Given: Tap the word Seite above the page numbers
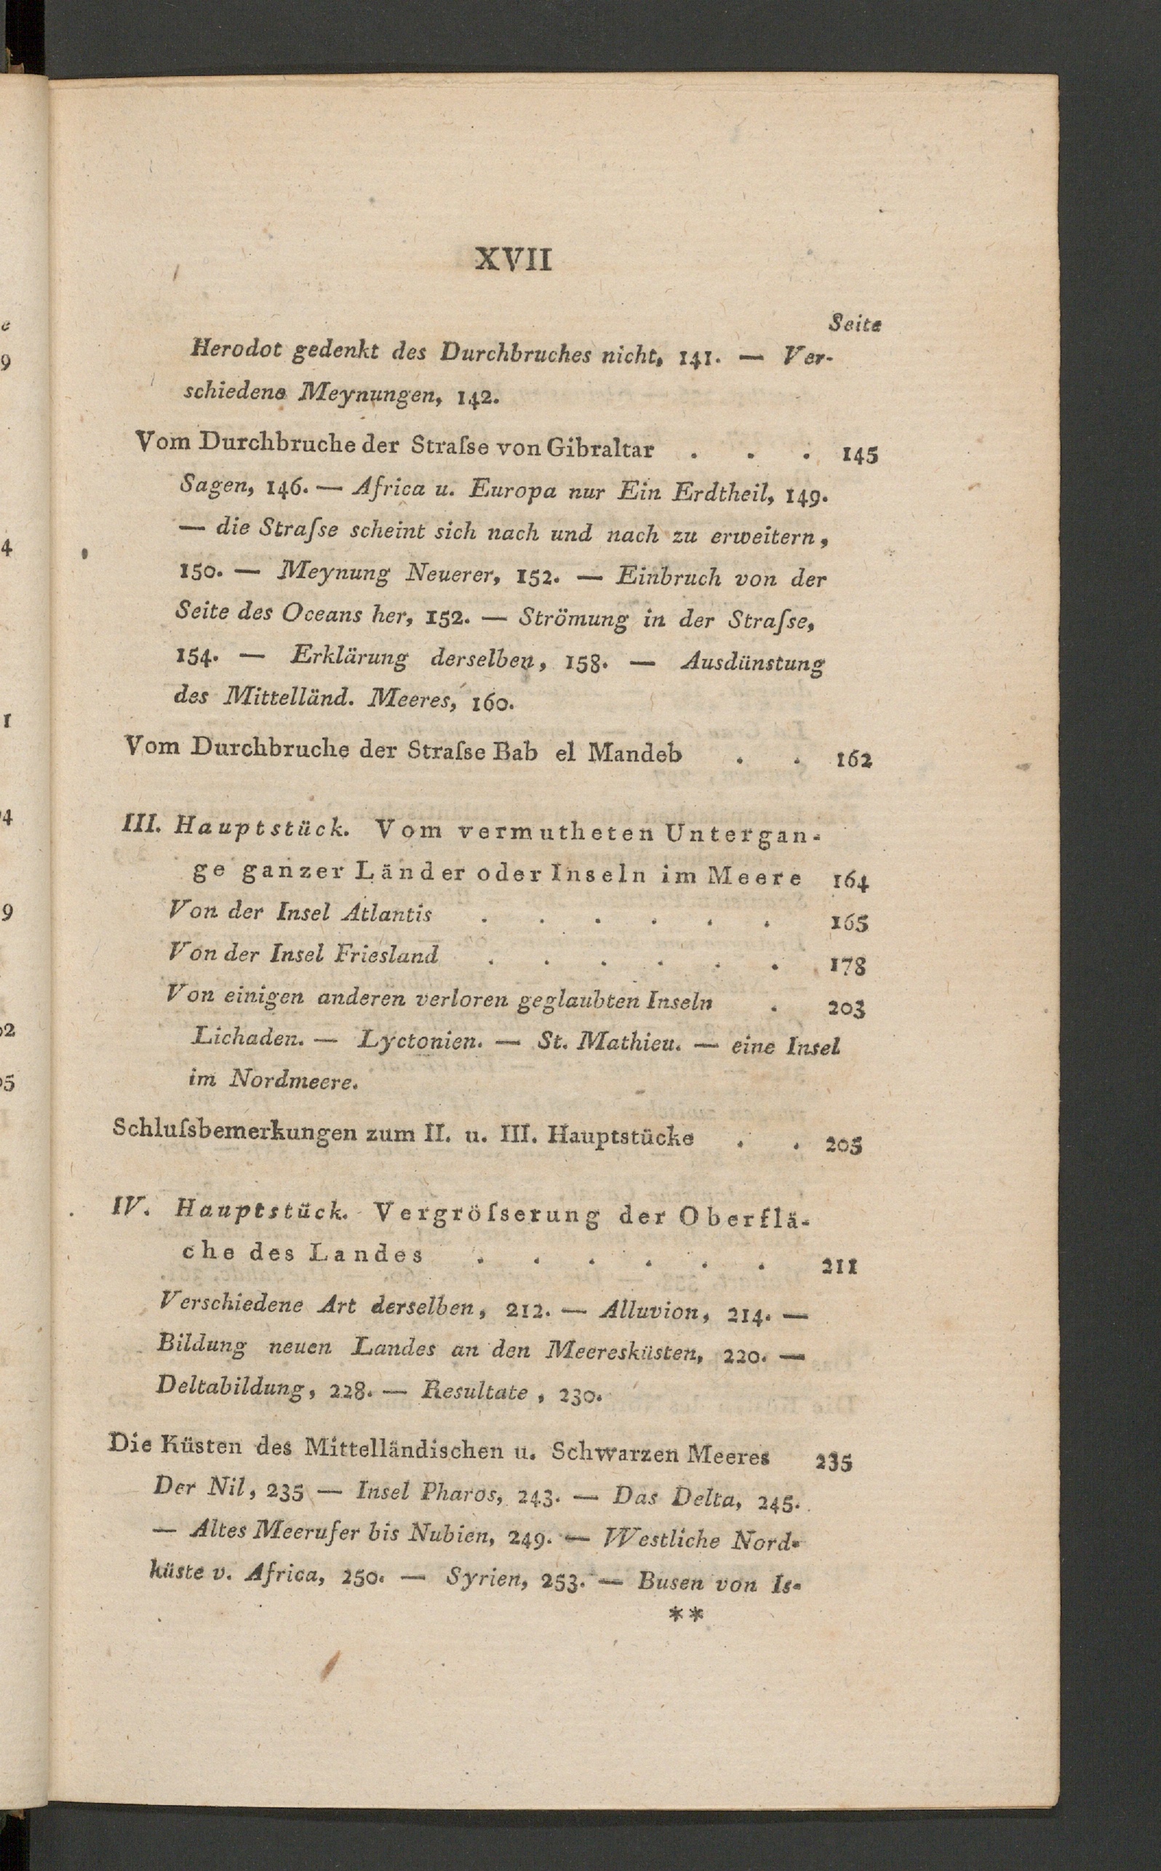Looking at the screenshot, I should click(855, 324).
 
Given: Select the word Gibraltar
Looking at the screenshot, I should click(599, 448).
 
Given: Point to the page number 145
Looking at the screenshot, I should click(859, 456).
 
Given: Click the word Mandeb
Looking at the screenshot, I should click(634, 752).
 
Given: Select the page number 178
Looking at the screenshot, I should click(847, 966).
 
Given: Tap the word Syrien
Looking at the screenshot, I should click(488, 1577).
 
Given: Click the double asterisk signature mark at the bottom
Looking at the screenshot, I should click(686, 1614).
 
